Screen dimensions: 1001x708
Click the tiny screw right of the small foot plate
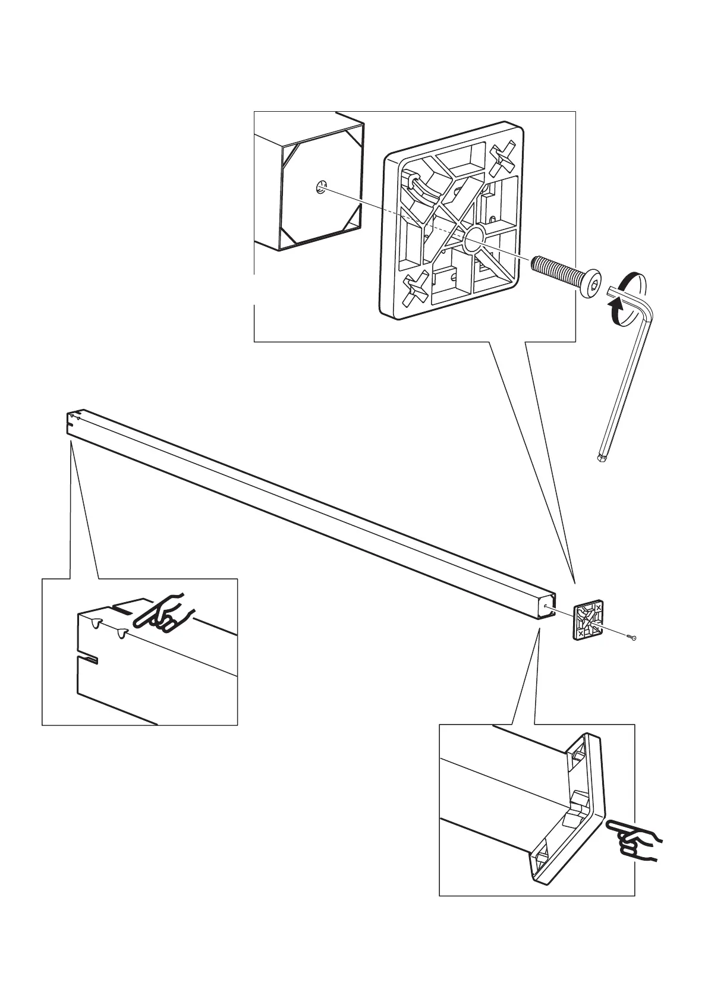click(631, 637)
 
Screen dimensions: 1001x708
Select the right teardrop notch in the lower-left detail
click(122, 633)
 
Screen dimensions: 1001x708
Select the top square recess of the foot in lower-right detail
click(577, 757)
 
